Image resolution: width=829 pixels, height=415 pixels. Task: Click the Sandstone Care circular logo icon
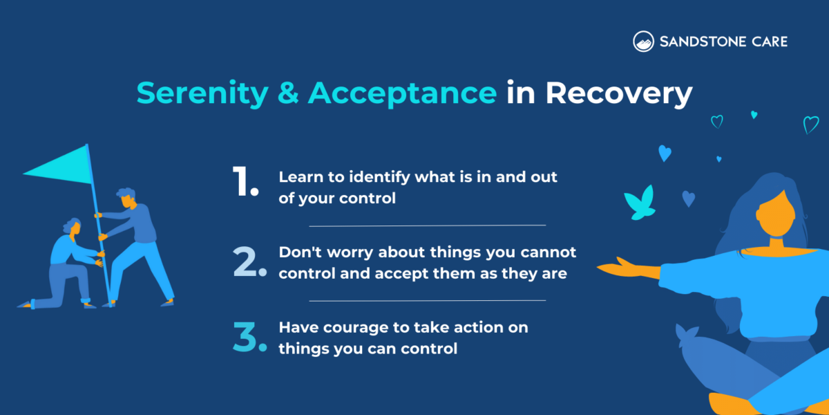(643, 41)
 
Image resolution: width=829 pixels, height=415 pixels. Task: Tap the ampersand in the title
(284, 93)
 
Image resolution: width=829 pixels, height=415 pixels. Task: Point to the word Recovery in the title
(618, 93)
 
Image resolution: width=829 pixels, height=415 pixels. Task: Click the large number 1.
(245, 183)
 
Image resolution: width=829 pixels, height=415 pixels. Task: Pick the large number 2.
(249, 261)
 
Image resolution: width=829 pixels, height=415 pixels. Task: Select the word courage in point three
(350, 327)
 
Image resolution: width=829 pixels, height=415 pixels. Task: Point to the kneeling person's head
(72, 227)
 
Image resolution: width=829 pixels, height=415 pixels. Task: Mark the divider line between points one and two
(427, 225)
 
